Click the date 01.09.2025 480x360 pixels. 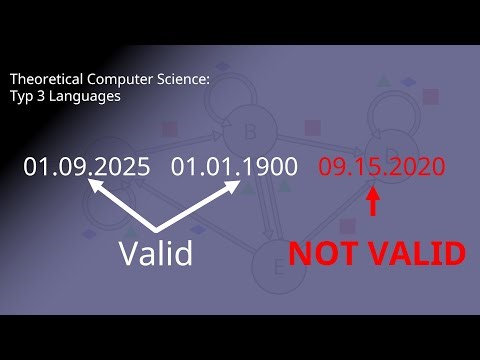point(87,166)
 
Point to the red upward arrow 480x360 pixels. point(374,203)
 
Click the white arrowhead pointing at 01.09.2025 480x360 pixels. point(96,186)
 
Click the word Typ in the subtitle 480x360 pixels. point(22,97)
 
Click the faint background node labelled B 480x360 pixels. point(251,129)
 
